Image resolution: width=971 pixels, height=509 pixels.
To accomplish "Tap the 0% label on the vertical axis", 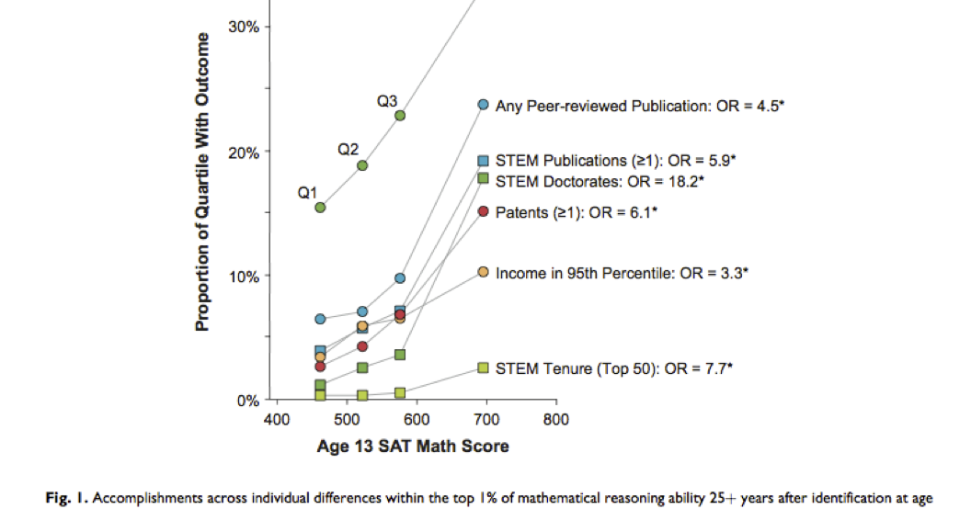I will pyautogui.click(x=248, y=401).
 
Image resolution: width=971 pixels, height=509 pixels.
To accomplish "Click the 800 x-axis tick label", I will pyautogui.click(x=555, y=420).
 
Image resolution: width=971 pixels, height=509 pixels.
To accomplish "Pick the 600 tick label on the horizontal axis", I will pyautogui.click(x=416, y=420).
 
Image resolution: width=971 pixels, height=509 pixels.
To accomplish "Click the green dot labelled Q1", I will pyautogui.click(x=320, y=208).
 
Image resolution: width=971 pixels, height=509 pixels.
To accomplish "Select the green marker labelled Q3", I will pyautogui.click(x=400, y=116).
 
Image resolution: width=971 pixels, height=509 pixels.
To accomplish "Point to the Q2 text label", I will pyautogui.click(x=348, y=148).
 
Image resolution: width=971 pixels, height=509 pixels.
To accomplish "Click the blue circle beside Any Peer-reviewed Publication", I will pyautogui.click(x=483, y=105).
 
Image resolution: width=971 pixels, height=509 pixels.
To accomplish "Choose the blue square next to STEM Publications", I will pyautogui.click(x=483, y=161).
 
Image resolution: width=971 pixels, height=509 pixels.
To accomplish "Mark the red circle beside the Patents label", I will pyautogui.click(x=483, y=211).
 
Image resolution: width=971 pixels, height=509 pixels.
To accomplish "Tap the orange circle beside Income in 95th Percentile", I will pyautogui.click(x=483, y=272).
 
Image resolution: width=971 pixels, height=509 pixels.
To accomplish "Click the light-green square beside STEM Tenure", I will pyautogui.click(x=483, y=368).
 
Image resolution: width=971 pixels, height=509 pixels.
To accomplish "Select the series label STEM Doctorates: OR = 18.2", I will pyautogui.click(x=600, y=181).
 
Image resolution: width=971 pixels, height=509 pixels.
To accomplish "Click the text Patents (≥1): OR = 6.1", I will pyautogui.click(x=577, y=212).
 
